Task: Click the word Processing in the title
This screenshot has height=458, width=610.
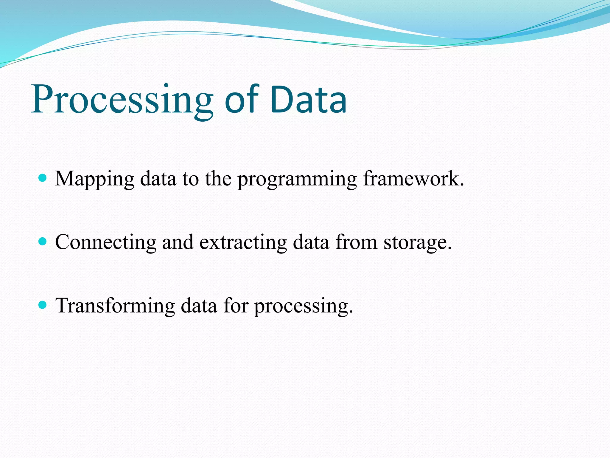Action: (x=122, y=100)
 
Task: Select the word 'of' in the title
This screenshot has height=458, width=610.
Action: (x=241, y=100)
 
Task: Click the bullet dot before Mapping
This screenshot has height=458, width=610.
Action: (x=43, y=178)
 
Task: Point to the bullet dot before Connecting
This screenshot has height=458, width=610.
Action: (x=43, y=241)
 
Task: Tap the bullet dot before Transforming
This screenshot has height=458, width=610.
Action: (x=43, y=305)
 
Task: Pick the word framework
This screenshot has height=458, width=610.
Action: (x=413, y=179)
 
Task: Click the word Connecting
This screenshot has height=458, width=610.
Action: (x=106, y=242)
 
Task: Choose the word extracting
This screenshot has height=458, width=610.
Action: (x=243, y=242)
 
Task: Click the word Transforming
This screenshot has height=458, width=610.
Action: (x=115, y=306)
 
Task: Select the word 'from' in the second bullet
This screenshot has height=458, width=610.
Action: (x=356, y=242)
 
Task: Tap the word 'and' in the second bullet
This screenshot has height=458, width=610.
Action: (x=178, y=242)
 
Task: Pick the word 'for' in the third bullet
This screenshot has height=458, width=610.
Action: (x=236, y=305)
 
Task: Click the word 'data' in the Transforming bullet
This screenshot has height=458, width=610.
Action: (x=199, y=306)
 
